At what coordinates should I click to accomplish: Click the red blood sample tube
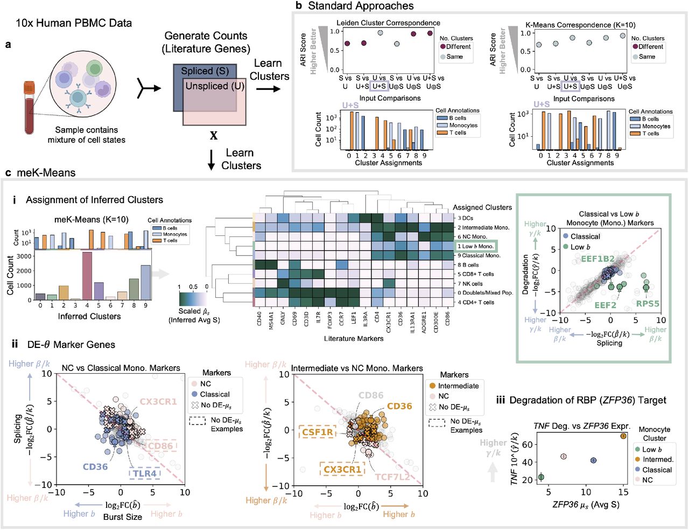click(29, 108)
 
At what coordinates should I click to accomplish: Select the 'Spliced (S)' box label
click(205, 71)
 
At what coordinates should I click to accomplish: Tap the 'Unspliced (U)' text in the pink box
click(215, 86)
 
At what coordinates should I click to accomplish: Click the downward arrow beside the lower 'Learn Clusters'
click(212, 159)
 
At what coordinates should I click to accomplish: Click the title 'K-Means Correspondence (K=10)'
click(580, 25)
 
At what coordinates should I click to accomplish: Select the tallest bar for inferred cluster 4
click(87, 275)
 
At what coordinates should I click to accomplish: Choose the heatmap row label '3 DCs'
click(466, 218)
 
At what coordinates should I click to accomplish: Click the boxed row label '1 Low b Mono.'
click(475, 246)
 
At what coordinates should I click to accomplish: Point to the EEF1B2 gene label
click(597, 259)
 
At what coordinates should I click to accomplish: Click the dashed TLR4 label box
click(145, 473)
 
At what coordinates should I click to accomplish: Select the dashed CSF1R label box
click(318, 432)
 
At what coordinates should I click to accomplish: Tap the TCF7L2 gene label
click(392, 477)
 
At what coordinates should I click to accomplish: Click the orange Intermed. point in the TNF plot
click(623, 436)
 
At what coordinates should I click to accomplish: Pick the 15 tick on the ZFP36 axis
click(623, 492)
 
